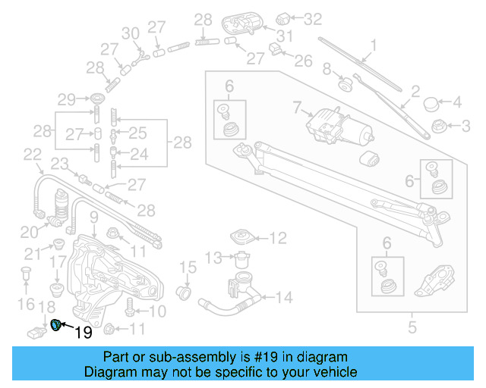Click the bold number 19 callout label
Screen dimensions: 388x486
pyautogui.click(x=82, y=332)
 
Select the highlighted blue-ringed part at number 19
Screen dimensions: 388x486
pyautogui.click(x=56, y=326)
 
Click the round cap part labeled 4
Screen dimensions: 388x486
pyautogui.click(x=432, y=102)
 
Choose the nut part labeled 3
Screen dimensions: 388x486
pyautogui.click(x=438, y=124)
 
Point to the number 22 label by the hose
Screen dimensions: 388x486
pyautogui.click(x=31, y=155)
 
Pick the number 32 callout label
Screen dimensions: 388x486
pyautogui.click(x=313, y=17)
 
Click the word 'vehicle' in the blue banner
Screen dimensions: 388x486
pyautogui.click(x=332, y=372)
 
